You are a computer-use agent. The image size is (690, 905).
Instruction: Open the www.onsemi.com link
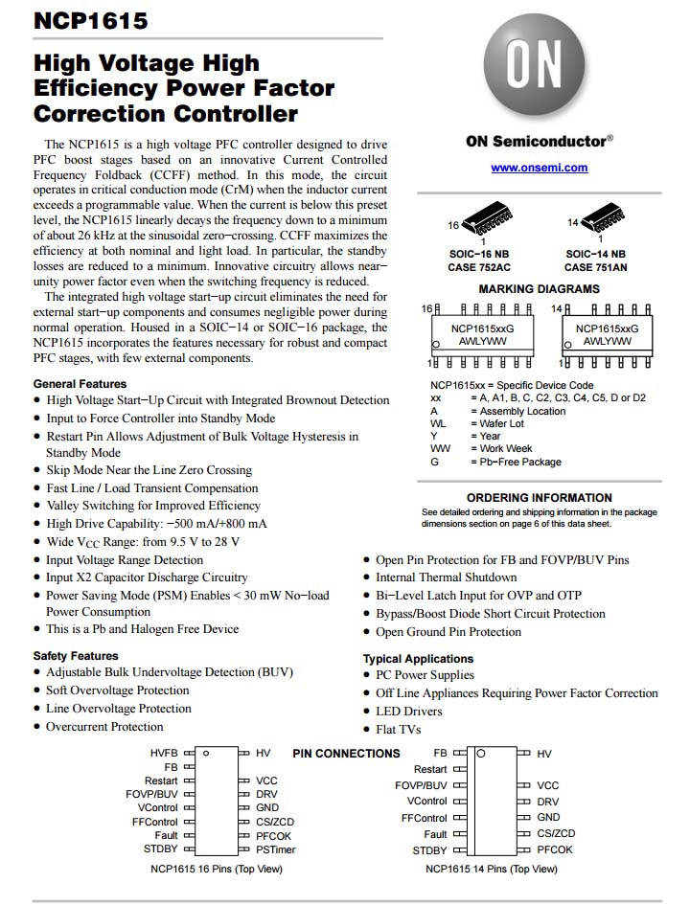[x=539, y=168]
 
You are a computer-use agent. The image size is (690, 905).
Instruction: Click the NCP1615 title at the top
[x=90, y=20]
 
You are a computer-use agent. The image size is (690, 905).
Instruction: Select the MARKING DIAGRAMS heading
[x=539, y=289]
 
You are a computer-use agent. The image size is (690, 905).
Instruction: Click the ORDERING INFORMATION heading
[x=539, y=498]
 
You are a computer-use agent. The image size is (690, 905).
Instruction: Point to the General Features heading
[x=80, y=383]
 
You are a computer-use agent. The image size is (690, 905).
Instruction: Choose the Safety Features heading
[x=76, y=656]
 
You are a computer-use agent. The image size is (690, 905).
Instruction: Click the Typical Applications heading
[x=418, y=659]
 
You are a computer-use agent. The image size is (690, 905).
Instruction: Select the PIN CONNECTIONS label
[x=346, y=754]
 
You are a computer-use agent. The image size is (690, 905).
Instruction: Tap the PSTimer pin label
[x=276, y=849]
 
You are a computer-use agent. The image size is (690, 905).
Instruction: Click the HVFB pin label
[x=164, y=754]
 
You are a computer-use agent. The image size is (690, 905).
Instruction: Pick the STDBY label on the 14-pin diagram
[x=429, y=850]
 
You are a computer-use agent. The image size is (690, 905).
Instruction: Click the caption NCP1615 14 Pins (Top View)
[x=491, y=869]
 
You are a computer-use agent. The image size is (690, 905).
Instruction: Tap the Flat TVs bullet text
[x=399, y=730]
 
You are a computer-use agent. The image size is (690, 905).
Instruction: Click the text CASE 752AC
[x=479, y=267]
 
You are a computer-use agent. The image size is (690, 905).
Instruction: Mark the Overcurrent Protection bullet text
[x=104, y=727]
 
